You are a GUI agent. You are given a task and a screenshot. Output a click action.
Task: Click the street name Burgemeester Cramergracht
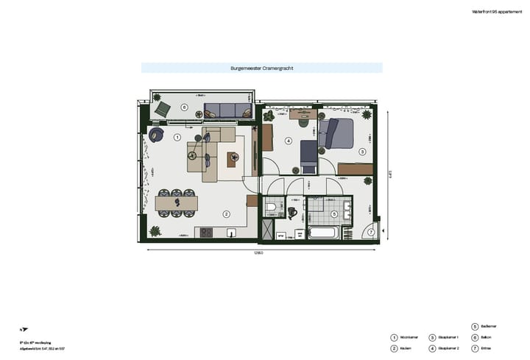point(261,68)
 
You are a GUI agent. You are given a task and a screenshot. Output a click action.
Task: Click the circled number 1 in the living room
point(177,137)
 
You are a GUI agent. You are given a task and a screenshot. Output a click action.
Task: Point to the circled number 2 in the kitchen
point(226,214)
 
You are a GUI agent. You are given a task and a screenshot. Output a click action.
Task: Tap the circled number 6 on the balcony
point(185,107)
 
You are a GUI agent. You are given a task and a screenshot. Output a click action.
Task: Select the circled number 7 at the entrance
point(371,232)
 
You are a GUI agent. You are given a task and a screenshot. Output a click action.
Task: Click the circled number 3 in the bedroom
point(362,151)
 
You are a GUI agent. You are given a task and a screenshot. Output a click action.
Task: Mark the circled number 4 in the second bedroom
point(289,141)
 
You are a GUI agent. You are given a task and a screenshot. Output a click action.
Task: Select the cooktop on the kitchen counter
point(206,233)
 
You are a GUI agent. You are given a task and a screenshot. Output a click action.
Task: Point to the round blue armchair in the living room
point(156,135)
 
